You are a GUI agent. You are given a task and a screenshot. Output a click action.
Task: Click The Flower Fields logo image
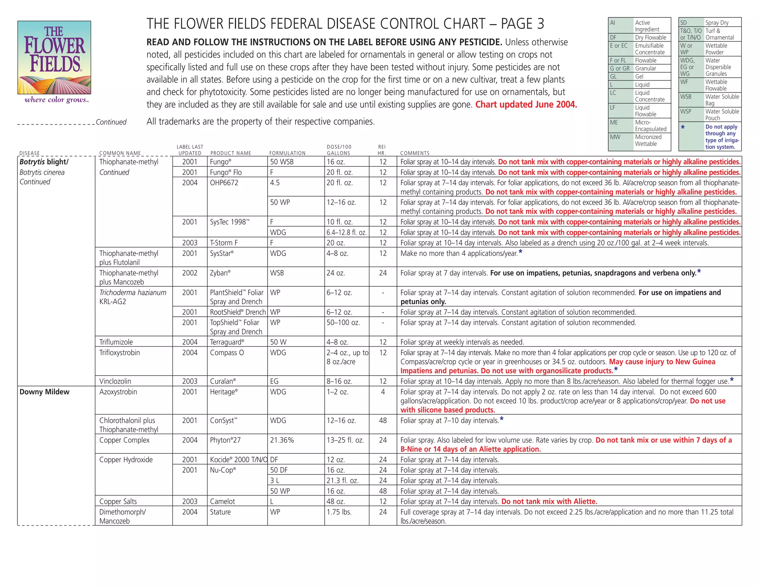pos(54,57)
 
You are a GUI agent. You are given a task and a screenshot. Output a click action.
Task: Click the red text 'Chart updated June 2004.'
pos(526,104)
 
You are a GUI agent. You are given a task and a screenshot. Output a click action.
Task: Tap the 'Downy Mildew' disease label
pos(44,392)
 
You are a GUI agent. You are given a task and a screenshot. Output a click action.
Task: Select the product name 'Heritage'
pos(223,392)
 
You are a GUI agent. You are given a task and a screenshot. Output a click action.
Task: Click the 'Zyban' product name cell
pos(220,273)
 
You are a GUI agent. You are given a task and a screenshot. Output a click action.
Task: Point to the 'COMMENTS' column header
pos(415,153)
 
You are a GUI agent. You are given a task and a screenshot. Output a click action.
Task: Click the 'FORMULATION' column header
pos(287,153)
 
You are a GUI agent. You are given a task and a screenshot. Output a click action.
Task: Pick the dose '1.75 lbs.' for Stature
pos(339,512)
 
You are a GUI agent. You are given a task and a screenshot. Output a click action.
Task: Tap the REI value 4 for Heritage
pos(383,392)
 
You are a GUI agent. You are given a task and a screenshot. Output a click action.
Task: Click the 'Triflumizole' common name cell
pos(116,342)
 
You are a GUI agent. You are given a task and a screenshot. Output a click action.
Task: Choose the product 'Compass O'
pos(227,353)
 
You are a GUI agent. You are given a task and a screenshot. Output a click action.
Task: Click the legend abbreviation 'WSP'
pos(686,111)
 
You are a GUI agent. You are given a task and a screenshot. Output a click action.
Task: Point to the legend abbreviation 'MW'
pos(615,137)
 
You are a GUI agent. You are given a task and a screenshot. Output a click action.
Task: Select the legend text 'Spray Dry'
pos(717,23)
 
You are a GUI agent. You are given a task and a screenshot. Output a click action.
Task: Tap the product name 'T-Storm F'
pos(224,243)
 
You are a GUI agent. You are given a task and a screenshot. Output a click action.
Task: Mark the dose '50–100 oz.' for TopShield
pos(343,323)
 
